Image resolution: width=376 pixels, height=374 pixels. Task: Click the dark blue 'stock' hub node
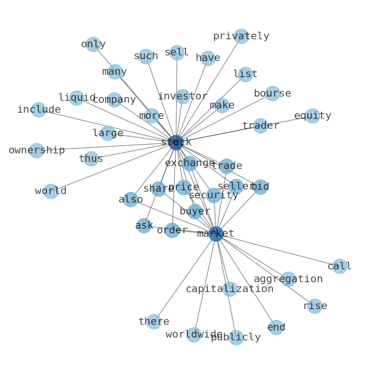[176, 142]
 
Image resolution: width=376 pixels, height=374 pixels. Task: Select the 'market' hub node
[216, 233]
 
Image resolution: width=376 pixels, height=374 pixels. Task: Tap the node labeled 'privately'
[241, 36]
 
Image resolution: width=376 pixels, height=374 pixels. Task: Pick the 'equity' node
[313, 116]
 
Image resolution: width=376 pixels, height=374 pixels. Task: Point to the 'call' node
[340, 266]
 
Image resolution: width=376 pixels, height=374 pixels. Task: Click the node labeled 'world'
[51, 191]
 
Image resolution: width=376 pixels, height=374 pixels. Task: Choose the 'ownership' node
[36, 151]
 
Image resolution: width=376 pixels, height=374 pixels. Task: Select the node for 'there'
[154, 321]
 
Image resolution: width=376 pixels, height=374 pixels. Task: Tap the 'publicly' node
[236, 338]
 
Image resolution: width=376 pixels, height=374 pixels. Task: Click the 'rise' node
[314, 306]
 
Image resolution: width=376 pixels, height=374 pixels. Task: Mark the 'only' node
[93, 44]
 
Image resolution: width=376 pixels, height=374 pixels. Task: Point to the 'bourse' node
[272, 93]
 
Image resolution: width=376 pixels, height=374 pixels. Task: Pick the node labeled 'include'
[38, 109]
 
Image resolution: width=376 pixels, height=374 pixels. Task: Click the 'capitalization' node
[230, 289]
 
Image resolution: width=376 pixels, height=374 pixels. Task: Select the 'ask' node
[144, 225]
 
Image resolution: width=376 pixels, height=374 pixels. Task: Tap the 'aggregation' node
[288, 279]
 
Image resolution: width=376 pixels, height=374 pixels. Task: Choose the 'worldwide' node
[194, 334]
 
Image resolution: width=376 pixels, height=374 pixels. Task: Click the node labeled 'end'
[276, 327]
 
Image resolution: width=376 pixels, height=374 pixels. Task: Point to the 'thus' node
[91, 159]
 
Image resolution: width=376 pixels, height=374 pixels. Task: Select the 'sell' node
[177, 53]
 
